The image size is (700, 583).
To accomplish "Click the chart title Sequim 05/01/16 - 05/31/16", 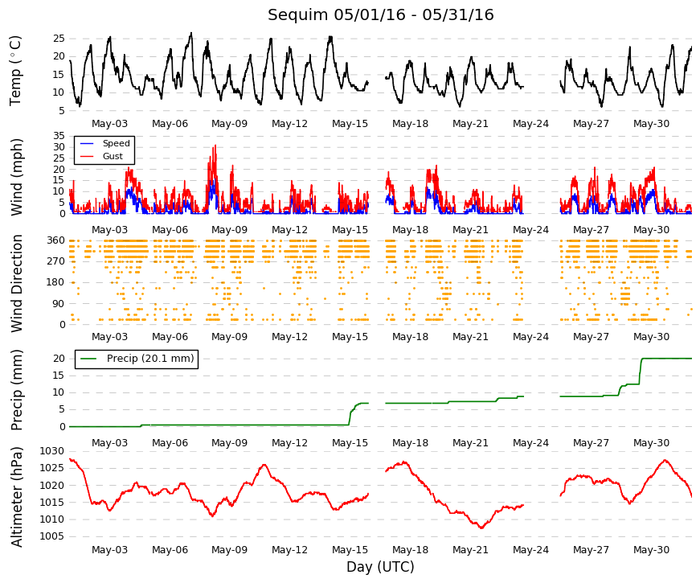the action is [x=380, y=14].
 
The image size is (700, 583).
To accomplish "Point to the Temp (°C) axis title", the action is [x=15, y=71].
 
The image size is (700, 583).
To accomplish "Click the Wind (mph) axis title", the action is [x=17, y=178].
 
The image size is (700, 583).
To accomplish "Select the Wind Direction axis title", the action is [x=17, y=283].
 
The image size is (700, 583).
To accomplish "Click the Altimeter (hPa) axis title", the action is [x=17, y=497].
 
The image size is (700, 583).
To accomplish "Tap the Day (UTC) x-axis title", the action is [x=380, y=567].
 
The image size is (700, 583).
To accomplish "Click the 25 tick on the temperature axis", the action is [x=59, y=39].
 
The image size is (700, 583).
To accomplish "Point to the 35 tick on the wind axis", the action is [x=59, y=136].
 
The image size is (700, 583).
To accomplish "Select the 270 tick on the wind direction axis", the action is [x=55, y=261].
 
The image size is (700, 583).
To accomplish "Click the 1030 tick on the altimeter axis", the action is [x=52, y=451].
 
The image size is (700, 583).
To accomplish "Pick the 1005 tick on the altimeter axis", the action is [x=52, y=536].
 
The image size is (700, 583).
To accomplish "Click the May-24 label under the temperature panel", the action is [x=530, y=124].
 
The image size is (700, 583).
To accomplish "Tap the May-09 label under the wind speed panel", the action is [x=230, y=230].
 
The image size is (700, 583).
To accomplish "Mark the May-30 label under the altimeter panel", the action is [x=651, y=550].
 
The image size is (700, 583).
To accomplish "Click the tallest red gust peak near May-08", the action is [x=215, y=146].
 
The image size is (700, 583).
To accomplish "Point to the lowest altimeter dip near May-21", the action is [x=481, y=528].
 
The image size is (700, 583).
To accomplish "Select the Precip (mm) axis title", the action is [x=17, y=391].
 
